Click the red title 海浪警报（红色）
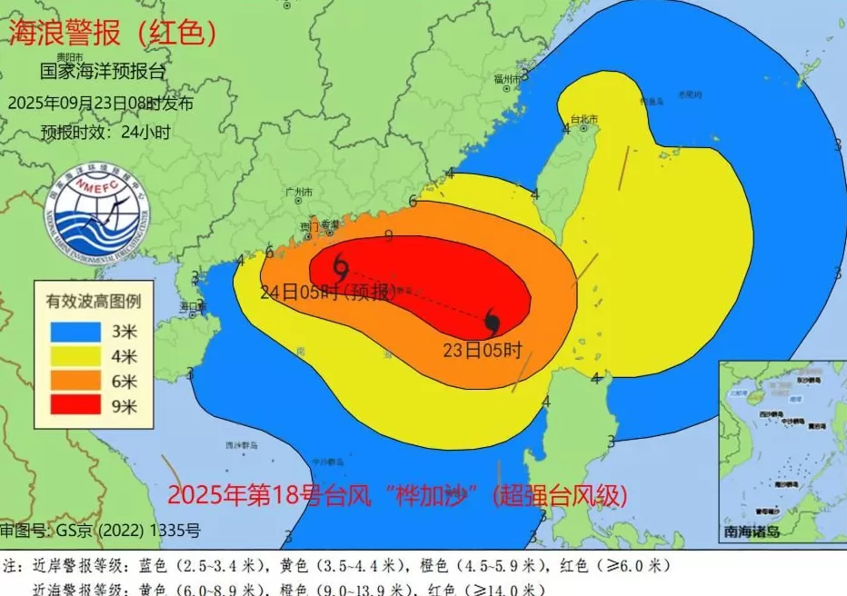[x=113, y=33]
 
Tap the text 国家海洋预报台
[x=104, y=71]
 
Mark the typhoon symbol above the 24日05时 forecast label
[x=341, y=267]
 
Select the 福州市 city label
[x=509, y=79]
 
